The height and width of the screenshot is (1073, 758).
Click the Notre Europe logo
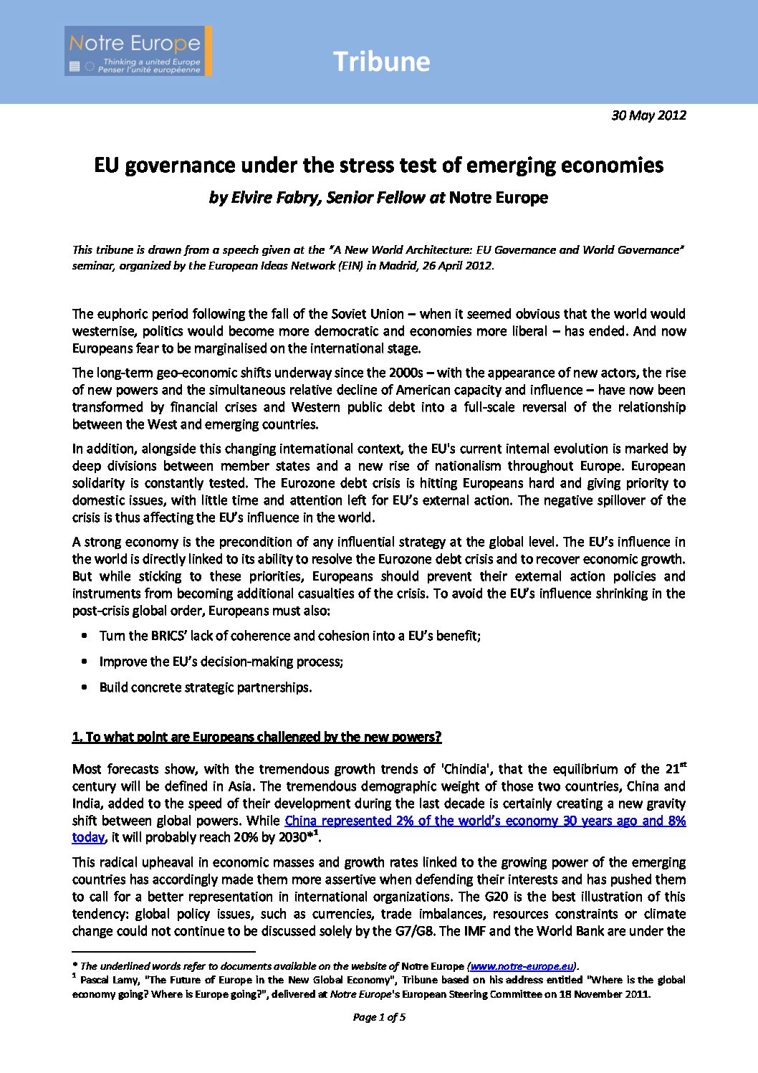(138, 51)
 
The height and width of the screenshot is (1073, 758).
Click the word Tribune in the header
(381, 62)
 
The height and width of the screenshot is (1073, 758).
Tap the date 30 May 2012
(648, 115)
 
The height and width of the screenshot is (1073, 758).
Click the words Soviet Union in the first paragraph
(368, 314)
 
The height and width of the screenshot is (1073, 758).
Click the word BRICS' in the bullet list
(168, 636)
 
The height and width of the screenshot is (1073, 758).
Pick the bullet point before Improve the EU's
(85, 662)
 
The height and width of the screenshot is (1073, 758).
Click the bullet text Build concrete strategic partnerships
(206, 687)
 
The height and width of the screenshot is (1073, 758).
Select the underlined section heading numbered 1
(256, 737)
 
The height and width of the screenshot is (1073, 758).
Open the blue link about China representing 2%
(484, 821)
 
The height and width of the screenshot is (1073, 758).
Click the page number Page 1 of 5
(379, 1017)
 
